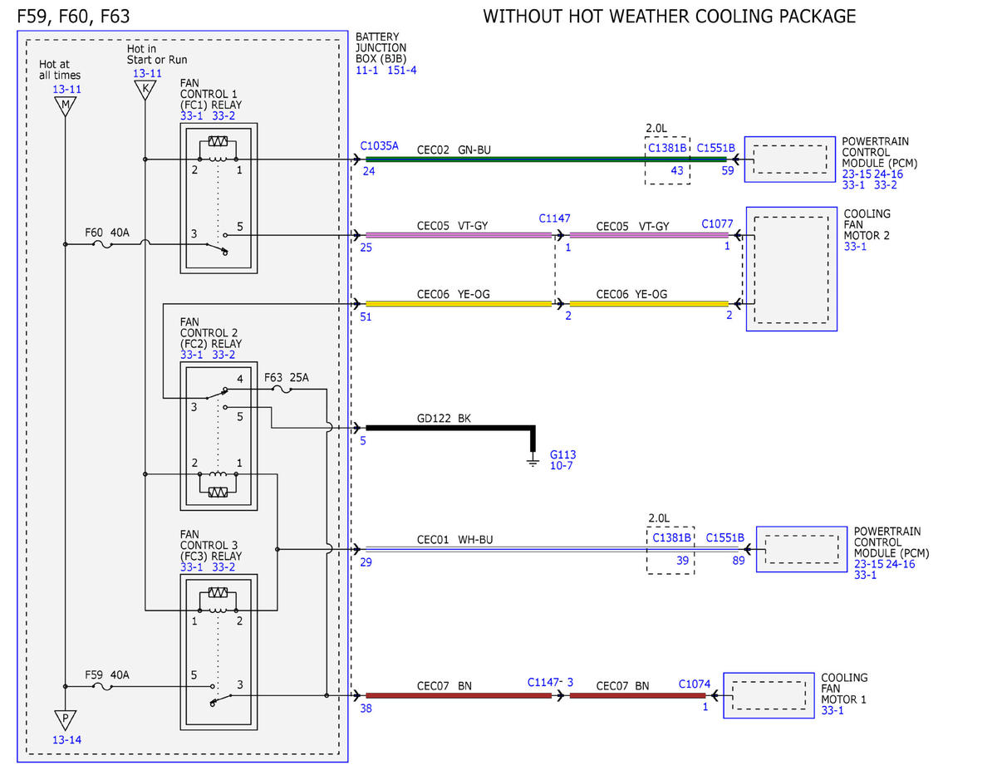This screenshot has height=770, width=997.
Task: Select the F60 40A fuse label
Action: (107, 233)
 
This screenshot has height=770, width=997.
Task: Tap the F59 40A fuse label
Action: (107, 674)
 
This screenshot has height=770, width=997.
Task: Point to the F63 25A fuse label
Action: (287, 377)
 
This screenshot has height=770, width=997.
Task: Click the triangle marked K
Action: (145, 90)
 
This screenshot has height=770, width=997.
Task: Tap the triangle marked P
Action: (65, 720)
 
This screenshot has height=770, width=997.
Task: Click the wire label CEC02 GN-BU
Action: (454, 150)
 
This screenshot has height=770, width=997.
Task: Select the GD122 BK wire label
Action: (444, 419)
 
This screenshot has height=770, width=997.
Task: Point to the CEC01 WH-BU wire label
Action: (454, 540)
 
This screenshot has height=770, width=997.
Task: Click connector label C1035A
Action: (379, 146)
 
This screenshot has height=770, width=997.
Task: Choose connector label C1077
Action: (717, 223)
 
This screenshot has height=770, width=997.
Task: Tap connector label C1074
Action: (695, 684)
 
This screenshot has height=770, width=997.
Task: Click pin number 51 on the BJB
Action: (366, 317)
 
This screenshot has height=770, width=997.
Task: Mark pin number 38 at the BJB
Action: (366, 709)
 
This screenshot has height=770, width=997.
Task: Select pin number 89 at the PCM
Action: (739, 561)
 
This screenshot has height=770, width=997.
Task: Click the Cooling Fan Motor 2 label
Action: (867, 225)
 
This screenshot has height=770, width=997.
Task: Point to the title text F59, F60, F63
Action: (73, 17)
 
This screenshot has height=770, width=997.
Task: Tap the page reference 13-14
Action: (66, 740)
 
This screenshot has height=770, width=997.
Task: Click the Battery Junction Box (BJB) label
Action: (381, 47)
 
